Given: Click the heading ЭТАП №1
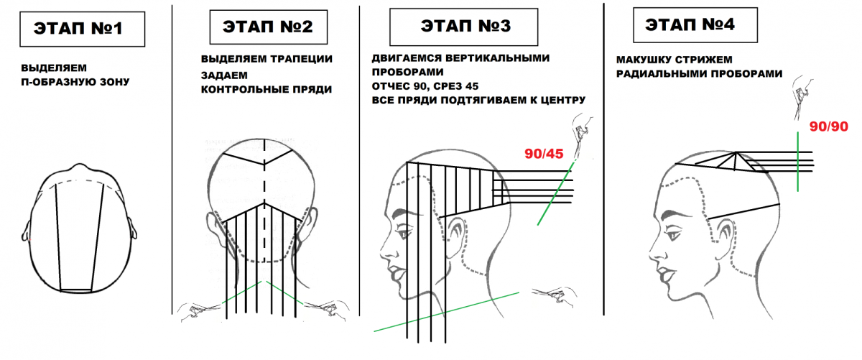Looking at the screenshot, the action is point(78,29).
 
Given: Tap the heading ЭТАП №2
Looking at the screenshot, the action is point(268,27).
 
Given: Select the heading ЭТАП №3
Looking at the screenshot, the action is point(465,26).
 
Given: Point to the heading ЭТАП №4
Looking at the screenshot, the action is point(690,24).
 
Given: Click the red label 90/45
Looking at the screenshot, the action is point(544,154).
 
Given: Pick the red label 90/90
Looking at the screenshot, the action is point(828,126).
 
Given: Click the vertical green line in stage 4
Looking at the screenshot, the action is point(798,162).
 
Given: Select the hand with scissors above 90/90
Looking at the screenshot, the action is point(803,98).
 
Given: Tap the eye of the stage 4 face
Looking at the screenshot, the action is point(674,234).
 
